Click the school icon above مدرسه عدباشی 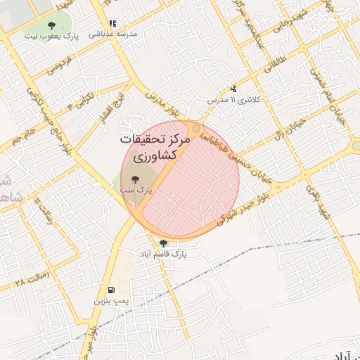point(112,23)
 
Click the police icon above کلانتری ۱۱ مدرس point(233,89)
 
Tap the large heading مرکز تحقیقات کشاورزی point(155,147)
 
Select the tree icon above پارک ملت point(136,180)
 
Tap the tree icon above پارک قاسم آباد point(163,243)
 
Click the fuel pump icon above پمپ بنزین point(110,290)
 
